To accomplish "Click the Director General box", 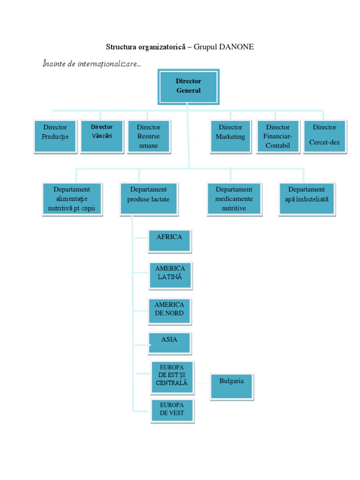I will tap(188, 87).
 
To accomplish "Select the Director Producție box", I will tap(55, 136).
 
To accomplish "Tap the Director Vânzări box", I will tap(102, 136).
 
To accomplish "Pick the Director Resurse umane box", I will tap(148, 136).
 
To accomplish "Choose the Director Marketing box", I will tap(230, 136).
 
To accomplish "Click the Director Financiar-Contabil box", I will tap(277, 136).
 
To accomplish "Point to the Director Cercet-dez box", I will tap(324, 136).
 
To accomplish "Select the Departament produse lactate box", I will tap(148, 199).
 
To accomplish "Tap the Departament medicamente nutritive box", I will tap(234, 199).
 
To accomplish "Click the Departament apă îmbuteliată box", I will tap(307, 199).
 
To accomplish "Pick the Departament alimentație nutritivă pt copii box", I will tap(72, 199).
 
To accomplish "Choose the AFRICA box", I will tap(169, 241).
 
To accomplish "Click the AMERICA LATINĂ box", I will tap(170, 275).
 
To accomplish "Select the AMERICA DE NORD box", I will tap(169, 311).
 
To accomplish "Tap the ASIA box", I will tap(169, 343).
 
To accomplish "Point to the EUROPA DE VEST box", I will tap(172, 411).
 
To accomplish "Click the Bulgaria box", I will tap(232, 386).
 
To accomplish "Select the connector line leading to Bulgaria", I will tap(202, 382).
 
